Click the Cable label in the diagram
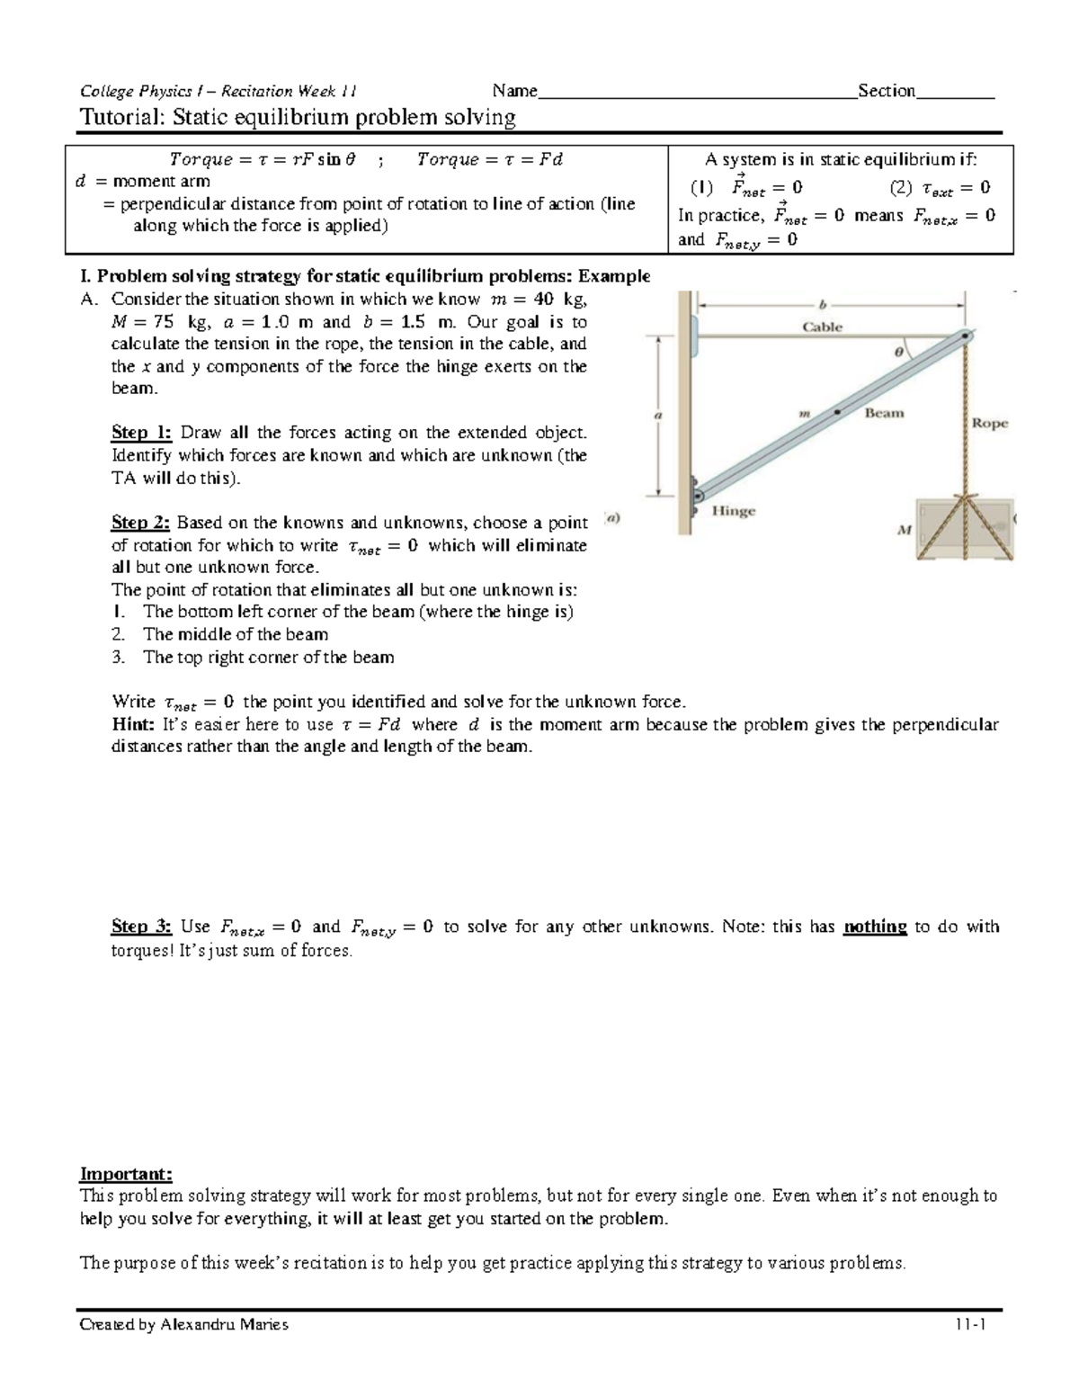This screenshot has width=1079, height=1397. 822,327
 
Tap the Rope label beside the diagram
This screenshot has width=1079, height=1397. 989,423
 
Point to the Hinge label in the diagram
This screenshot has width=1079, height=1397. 734,511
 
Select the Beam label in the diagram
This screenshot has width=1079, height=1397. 884,413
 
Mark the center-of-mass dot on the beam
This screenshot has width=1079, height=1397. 837,412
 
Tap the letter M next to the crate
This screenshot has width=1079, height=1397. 904,531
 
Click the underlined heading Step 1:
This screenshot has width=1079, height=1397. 141,433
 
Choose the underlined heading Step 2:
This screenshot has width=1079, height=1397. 141,523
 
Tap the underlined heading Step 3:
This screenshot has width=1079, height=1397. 141,927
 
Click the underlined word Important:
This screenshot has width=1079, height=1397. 125,1174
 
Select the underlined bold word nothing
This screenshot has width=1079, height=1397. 874,927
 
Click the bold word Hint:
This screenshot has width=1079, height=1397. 133,725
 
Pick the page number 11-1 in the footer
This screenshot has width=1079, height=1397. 972,1325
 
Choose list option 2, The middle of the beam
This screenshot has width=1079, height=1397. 235,634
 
